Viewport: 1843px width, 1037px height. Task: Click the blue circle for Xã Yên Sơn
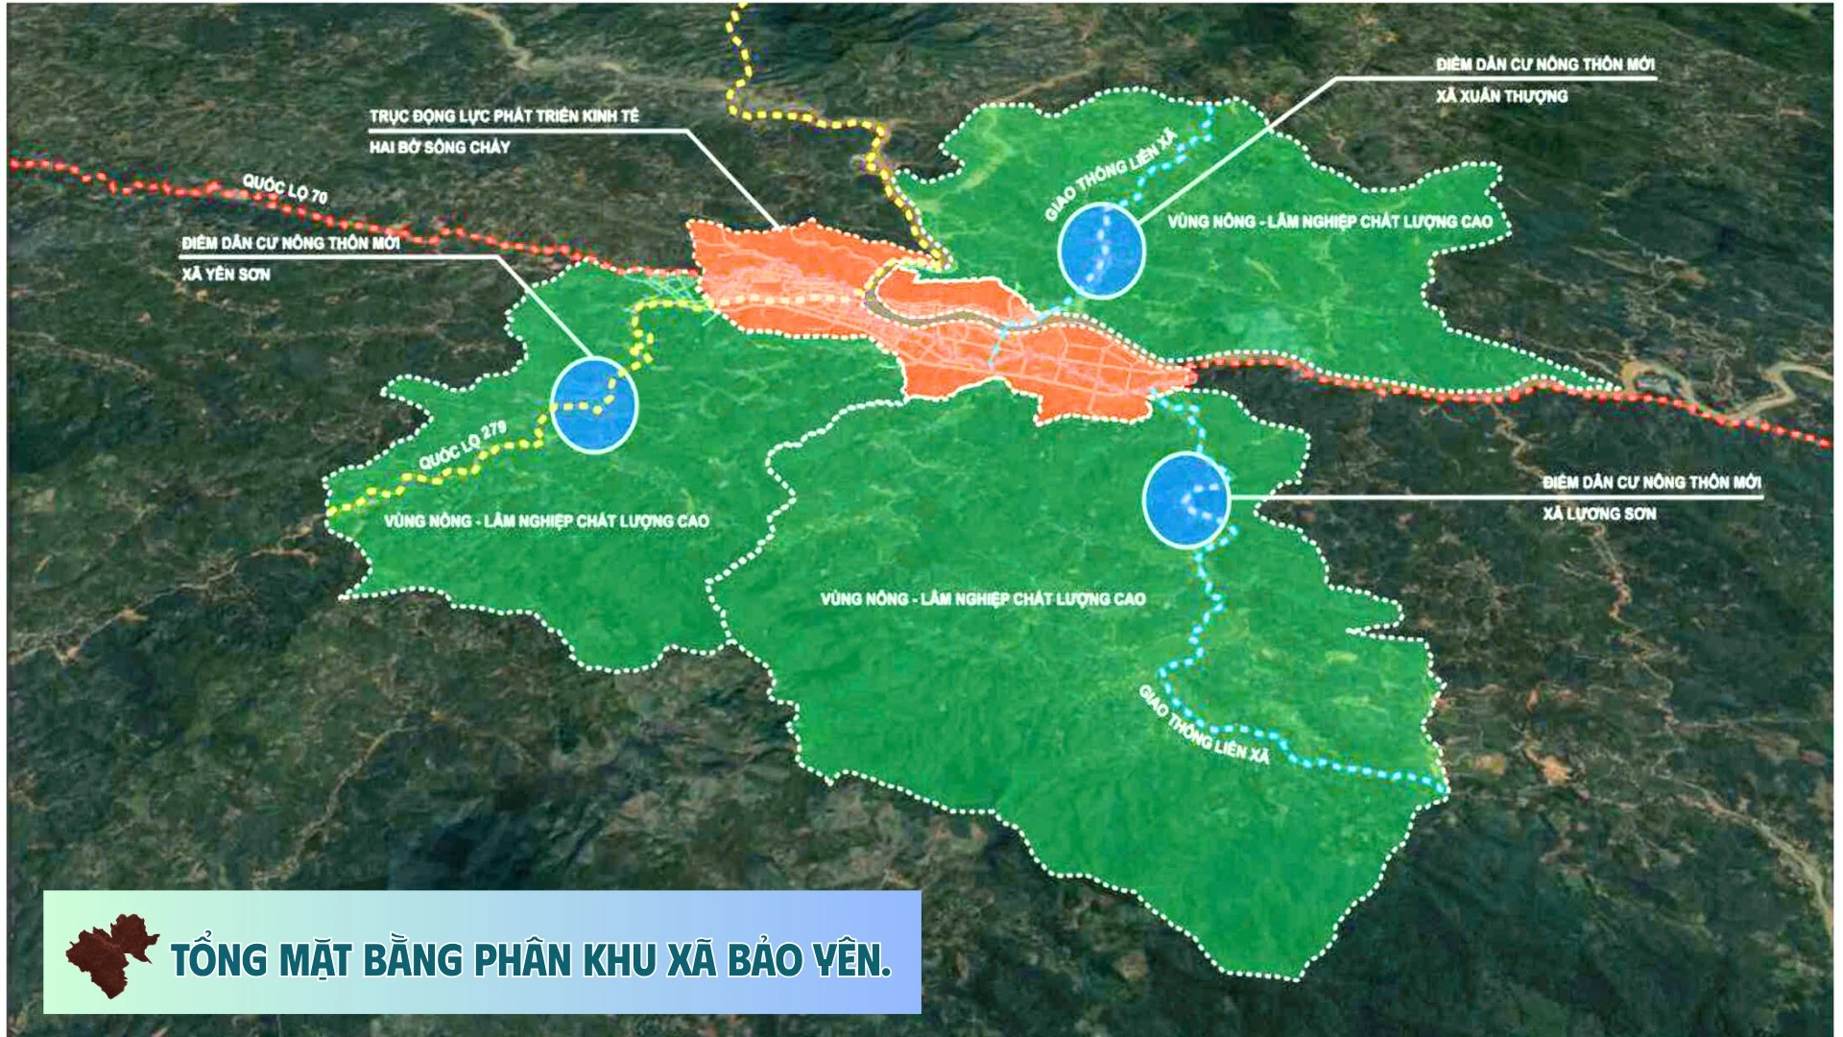[595, 404]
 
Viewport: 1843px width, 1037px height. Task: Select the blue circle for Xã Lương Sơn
[1187, 501]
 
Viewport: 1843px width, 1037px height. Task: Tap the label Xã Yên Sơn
[227, 275]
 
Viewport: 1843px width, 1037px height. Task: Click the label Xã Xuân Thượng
[1501, 96]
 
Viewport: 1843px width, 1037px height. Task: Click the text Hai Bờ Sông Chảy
[440, 148]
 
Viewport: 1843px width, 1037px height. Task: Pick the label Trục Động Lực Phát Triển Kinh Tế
[504, 116]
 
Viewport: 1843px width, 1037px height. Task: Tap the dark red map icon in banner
[111, 954]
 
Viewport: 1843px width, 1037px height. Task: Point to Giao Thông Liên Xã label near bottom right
[1204, 725]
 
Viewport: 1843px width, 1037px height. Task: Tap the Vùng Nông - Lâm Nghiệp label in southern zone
[983, 599]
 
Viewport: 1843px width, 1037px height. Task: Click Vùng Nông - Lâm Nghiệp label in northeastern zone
[1329, 222]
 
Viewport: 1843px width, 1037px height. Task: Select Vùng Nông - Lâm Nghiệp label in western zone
[546, 521]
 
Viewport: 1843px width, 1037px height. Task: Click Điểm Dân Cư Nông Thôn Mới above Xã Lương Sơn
[1651, 482]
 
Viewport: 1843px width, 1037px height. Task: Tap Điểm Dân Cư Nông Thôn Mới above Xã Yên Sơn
[290, 243]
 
